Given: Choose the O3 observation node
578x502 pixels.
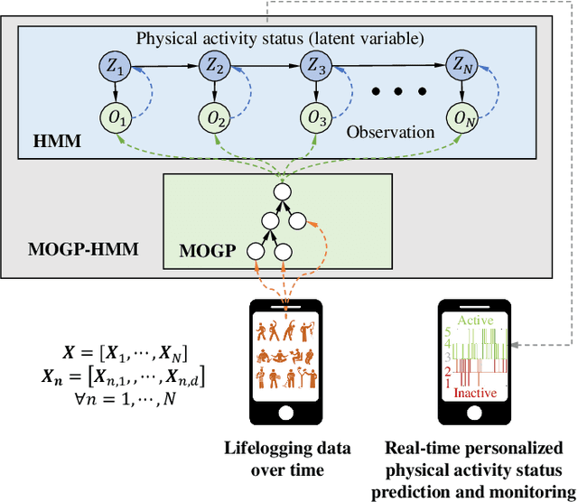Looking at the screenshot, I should tap(313, 116).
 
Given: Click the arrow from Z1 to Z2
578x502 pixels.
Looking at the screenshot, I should tap(168, 65).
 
